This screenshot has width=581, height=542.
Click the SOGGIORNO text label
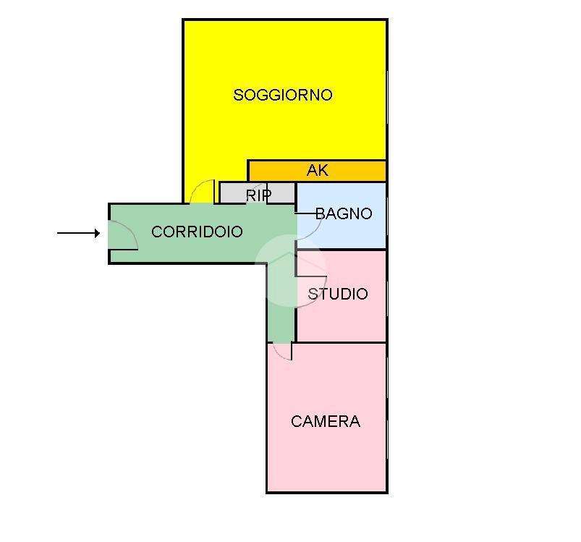click(283, 95)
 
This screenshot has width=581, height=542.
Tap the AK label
click(318, 171)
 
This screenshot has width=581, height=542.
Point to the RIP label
click(258, 195)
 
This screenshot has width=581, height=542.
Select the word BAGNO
click(344, 213)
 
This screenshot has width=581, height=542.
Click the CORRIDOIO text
click(197, 232)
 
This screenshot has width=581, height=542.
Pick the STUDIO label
click(338, 294)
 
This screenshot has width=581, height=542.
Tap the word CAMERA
click(326, 421)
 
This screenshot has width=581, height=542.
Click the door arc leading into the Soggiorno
click(202, 191)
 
